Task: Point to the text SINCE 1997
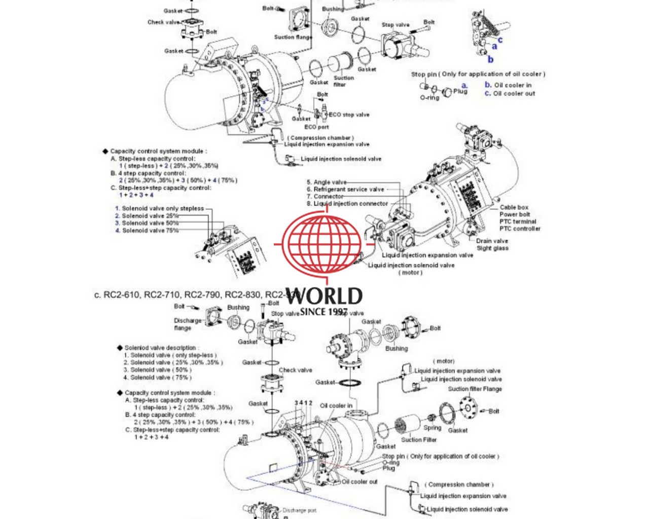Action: point(324,312)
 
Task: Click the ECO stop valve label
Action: point(349,115)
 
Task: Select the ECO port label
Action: point(316,127)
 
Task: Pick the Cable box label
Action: point(514,207)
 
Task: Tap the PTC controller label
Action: point(520,229)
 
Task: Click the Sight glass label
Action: point(492,248)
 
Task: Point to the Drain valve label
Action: point(491,241)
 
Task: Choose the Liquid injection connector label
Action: point(350,204)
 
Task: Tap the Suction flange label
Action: point(293,37)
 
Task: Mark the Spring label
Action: point(432,427)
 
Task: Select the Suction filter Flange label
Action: point(475,389)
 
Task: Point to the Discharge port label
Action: point(299,510)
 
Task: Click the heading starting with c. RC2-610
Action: point(193,295)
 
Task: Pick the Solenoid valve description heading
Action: point(160,348)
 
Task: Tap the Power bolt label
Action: point(515,214)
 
